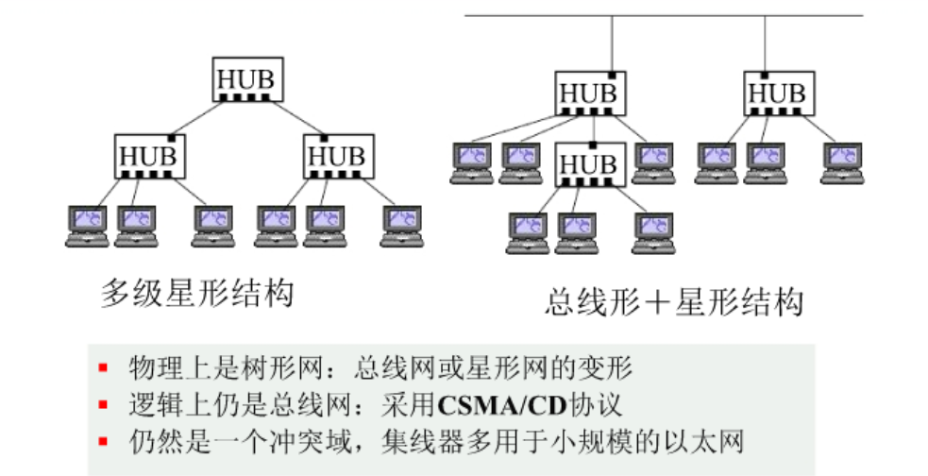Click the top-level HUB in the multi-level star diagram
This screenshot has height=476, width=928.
click(246, 79)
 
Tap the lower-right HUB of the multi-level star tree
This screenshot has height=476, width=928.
click(338, 155)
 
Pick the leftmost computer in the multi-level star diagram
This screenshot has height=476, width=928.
click(87, 226)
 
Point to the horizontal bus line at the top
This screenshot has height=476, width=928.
click(661, 16)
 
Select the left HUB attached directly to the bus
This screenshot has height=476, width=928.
click(588, 93)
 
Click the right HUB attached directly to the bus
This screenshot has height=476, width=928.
click(778, 93)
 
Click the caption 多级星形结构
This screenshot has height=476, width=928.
click(197, 293)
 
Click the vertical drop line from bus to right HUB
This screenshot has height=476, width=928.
click(765, 42)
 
